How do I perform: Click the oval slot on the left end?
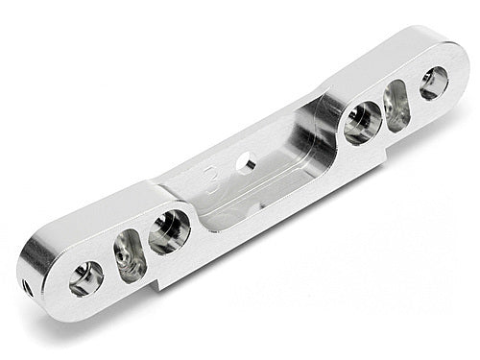click(129, 255)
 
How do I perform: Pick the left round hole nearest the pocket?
click(168, 231)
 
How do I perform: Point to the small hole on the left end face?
click(30, 285)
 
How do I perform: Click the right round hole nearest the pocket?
click(363, 122)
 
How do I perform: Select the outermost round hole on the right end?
click(434, 84)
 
